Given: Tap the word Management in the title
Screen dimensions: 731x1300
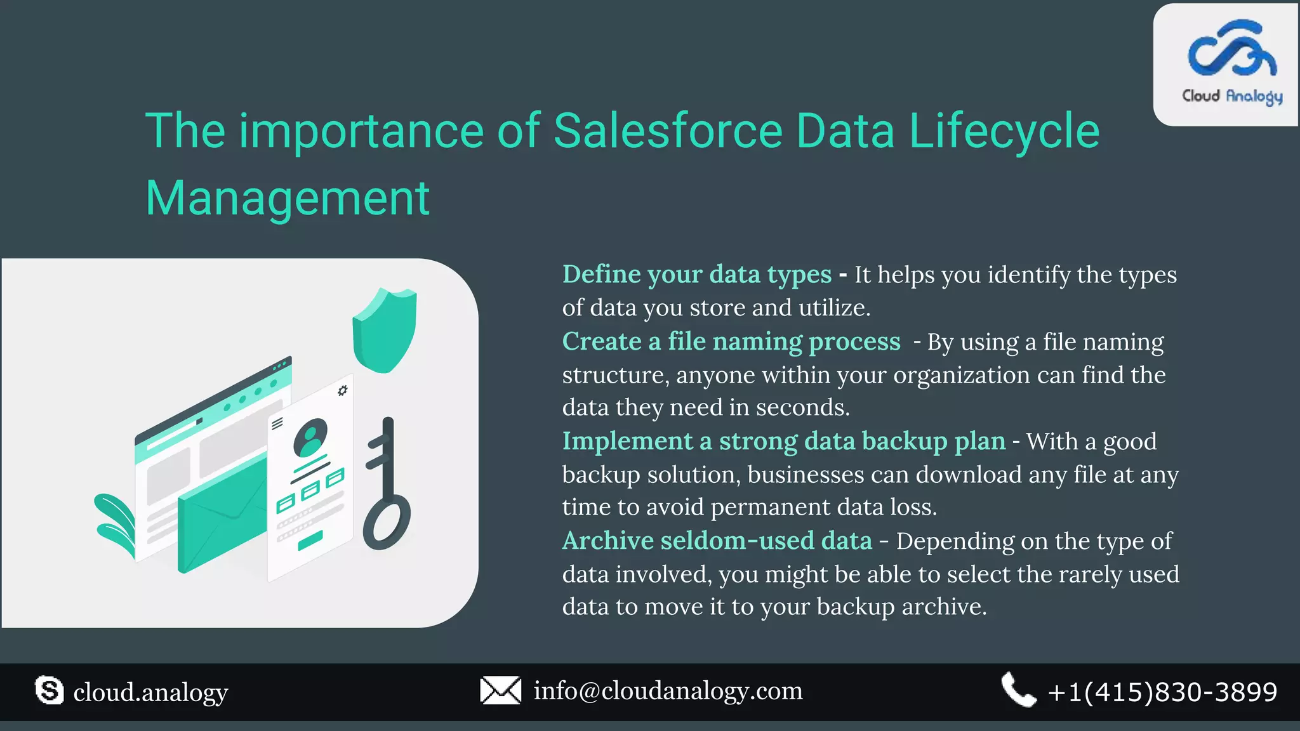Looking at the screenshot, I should click(x=288, y=199).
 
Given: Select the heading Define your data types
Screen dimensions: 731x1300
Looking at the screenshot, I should click(x=696, y=275).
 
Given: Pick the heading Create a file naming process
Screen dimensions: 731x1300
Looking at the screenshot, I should click(x=731, y=342).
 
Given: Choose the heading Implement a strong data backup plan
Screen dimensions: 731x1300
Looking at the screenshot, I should click(x=783, y=442).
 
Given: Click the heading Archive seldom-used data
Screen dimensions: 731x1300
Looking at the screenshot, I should click(x=717, y=541).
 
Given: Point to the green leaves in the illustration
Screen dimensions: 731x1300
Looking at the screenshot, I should click(x=116, y=524).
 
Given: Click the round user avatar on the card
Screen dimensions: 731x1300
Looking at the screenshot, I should click(x=310, y=437).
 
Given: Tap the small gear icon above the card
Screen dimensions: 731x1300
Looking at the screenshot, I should click(x=343, y=390).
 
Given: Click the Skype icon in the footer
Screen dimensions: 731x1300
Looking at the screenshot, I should click(x=50, y=690).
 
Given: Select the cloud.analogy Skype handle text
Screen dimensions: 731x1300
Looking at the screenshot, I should click(x=150, y=692).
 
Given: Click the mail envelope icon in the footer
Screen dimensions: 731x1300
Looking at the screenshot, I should click(x=500, y=690).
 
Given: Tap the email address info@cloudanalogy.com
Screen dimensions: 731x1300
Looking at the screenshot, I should click(x=668, y=691).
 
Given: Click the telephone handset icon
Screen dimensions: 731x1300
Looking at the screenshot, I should click(x=1018, y=690).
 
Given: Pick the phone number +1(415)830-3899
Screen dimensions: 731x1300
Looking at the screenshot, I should click(x=1162, y=692).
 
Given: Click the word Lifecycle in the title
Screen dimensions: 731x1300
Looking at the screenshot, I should click(x=1004, y=131).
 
